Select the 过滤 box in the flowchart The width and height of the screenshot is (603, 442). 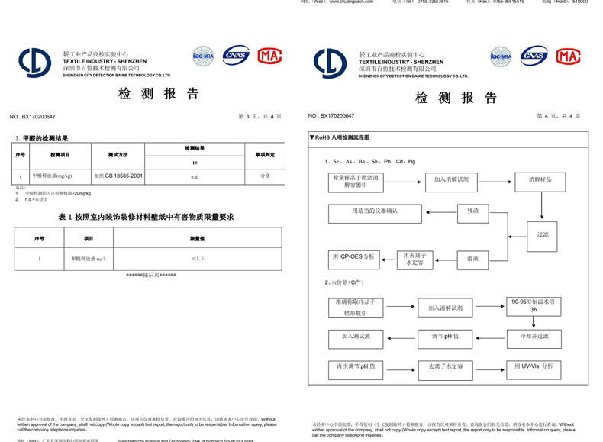point(543,235)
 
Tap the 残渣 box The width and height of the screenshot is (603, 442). point(473,211)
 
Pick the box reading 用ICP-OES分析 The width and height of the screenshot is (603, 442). point(354,257)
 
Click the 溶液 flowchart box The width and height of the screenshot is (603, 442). point(473,259)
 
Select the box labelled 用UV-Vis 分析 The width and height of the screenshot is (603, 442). point(534,366)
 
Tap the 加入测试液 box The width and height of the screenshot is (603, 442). point(356,336)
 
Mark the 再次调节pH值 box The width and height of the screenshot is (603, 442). point(356,366)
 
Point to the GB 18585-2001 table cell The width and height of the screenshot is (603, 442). point(118,176)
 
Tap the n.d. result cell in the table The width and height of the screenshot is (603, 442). point(195,176)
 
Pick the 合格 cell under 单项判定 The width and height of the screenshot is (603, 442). point(265,176)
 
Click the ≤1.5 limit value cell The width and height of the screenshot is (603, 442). point(198,259)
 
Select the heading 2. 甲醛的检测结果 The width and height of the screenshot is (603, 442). point(42,138)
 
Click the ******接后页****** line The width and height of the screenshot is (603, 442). point(151,275)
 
